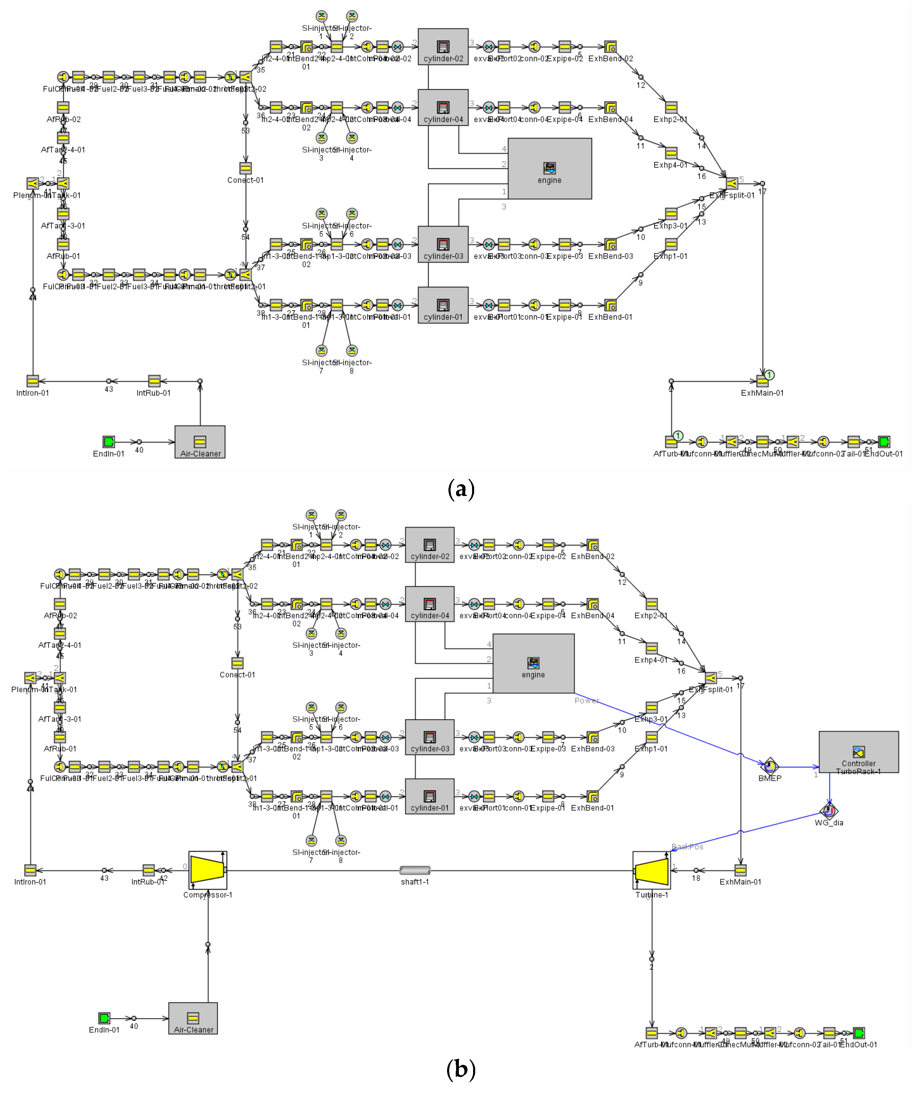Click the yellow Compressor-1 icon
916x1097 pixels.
click(207, 870)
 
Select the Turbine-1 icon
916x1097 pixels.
click(652, 870)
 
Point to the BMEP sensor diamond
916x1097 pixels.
click(769, 766)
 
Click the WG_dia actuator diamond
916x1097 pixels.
click(829, 811)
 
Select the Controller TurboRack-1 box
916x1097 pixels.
click(858, 752)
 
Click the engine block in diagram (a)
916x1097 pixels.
click(550, 168)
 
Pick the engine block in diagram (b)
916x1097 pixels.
click(533, 663)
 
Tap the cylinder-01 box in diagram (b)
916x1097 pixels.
click(429, 796)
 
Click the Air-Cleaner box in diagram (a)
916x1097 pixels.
click(200, 442)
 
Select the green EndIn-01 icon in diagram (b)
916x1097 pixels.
click(104, 1018)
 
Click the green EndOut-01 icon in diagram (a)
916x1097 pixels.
click(884, 442)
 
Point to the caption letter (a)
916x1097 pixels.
click(461, 489)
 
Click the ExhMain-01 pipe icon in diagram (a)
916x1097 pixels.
click(762, 382)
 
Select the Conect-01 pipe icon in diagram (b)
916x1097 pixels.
click(237, 663)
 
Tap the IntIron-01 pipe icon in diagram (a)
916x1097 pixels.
click(33, 382)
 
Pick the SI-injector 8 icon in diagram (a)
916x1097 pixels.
click(352, 351)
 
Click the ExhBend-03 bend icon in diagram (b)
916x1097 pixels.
click(592, 737)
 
